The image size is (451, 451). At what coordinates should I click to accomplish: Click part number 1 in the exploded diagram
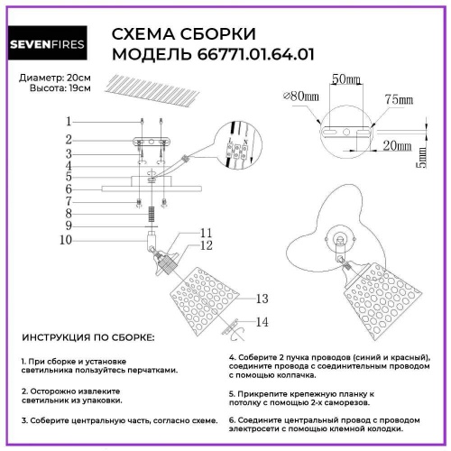(68, 121)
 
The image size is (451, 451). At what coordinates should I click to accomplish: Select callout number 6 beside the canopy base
(68, 189)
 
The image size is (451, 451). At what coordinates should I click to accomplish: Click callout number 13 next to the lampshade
(262, 298)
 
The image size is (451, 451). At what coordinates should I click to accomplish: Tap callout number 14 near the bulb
(262, 321)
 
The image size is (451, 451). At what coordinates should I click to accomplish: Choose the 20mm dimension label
(390, 143)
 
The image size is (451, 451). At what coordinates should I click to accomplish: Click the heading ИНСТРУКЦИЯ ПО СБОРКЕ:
(87, 336)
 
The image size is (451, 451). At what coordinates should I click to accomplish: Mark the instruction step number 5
(232, 396)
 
